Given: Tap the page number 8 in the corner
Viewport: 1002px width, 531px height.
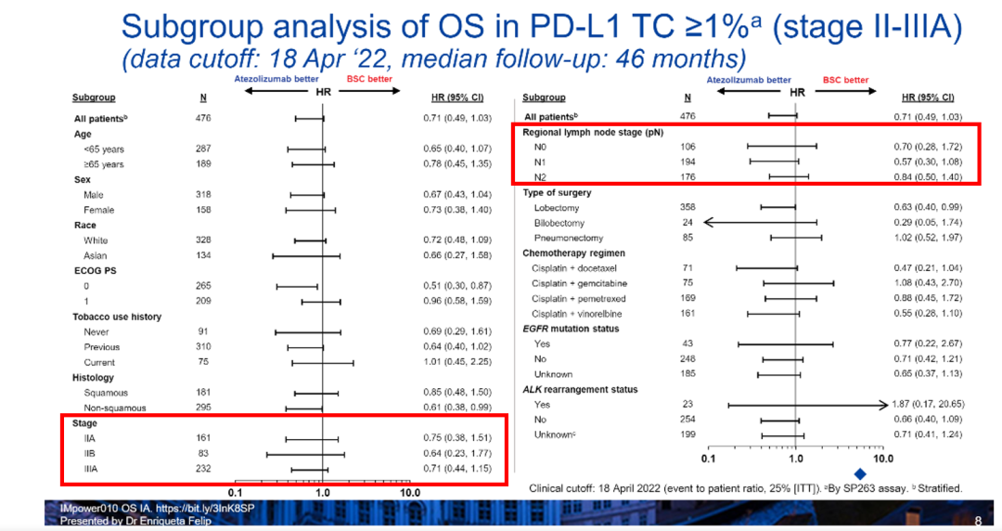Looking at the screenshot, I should pyautogui.click(x=978, y=522).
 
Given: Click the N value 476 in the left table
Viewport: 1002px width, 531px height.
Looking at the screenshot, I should pyautogui.click(x=203, y=119).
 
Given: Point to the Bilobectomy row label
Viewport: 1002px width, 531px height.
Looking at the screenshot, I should pyautogui.click(x=559, y=223).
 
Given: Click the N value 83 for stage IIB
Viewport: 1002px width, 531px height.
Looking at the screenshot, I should pyautogui.click(x=202, y=454).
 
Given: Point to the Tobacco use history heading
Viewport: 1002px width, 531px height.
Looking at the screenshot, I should pyautogui.click(x=117, y=317).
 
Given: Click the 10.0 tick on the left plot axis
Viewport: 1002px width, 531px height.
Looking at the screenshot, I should pyautogui.click(x=410, y=493).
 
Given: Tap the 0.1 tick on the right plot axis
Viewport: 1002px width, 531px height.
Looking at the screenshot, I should pyautogui.click(x=709, y=459).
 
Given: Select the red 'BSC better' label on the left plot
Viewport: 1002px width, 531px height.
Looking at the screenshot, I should pyautogui.click(x=367, y=80).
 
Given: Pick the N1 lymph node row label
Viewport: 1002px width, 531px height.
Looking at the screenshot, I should pyautogui.click(x=541, y=162).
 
